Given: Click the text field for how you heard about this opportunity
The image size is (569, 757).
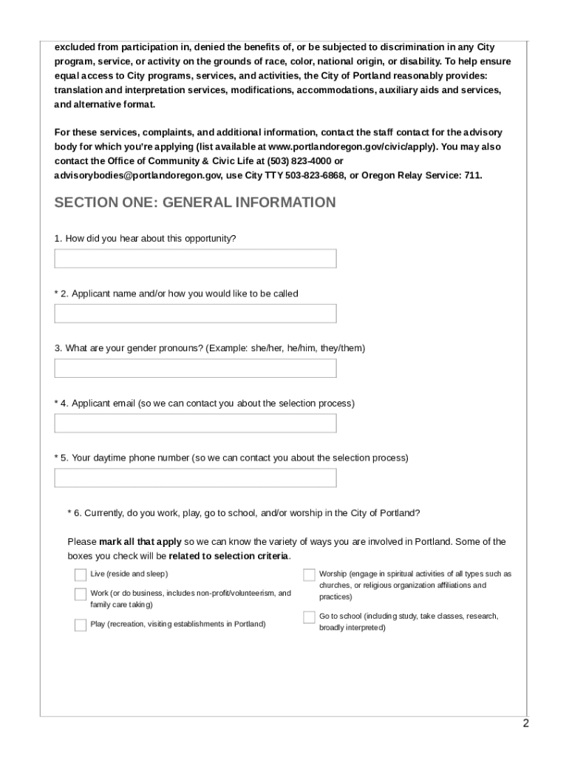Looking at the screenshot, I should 195,259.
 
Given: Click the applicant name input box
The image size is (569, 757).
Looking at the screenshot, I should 195,313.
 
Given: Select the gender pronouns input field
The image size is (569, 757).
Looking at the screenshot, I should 195,368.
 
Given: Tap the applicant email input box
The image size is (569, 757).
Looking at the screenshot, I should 195,423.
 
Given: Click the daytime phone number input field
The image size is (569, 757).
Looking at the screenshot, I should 195,478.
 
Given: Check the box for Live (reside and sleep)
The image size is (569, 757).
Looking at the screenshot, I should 80,575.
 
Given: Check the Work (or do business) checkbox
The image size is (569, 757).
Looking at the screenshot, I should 80,594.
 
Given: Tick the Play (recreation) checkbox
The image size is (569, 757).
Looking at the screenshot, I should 80,625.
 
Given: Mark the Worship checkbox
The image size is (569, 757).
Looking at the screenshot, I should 309,575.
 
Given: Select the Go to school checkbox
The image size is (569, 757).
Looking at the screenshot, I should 309,617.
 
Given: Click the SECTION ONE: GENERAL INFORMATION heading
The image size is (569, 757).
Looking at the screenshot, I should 195,203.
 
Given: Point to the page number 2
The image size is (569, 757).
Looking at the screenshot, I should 525,724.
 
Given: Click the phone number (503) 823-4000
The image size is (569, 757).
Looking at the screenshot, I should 296,160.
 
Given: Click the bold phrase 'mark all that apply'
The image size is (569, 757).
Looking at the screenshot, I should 140,542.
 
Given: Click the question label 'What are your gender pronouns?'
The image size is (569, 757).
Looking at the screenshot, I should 134,348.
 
